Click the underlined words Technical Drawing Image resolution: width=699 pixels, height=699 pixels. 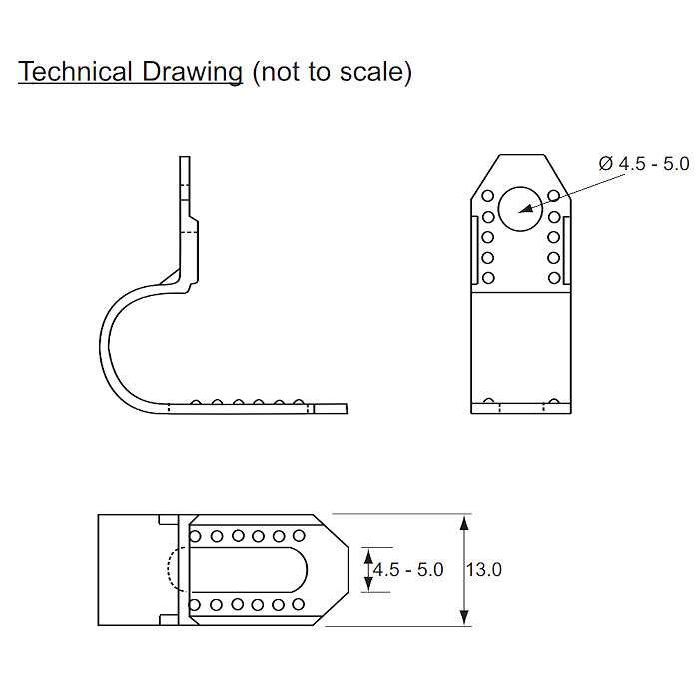coord(130,72)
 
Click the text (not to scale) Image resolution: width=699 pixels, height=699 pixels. coord(332,72)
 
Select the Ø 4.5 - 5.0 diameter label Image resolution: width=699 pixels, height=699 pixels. coord(643,163)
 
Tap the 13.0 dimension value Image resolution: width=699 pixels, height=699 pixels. coord(484,570)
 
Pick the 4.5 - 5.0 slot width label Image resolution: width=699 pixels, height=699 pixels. coord(407,570)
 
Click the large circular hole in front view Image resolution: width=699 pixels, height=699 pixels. coord(519,208)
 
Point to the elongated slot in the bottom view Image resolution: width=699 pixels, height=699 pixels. coord(250,570)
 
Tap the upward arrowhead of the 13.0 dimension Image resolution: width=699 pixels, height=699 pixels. coord(464,522)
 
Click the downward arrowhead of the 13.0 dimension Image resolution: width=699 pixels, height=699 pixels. coord(464,619)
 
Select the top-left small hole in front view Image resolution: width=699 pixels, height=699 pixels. coord(487,196)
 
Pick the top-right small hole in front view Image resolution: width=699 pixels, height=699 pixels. coord(552,196)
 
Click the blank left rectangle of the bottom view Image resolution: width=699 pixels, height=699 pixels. coord(128,570)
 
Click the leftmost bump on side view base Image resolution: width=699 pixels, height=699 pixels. coord(197,403)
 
